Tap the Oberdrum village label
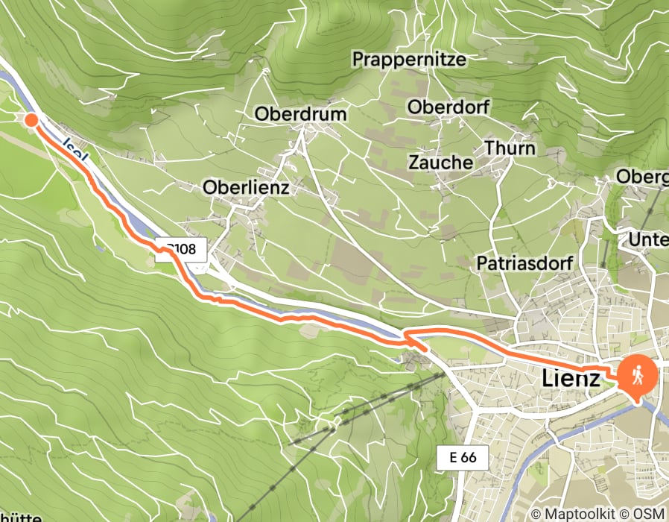tap(301, 114)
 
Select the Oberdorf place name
tap(448, 107)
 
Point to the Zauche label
tap(440, 162)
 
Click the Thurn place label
tap(510, 148)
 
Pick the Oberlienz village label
tap(246, 189)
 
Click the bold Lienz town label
tap(568, 379)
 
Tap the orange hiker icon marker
tap(637, 377)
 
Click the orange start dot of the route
tap(31, 119)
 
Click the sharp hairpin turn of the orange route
tap(407, 339)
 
